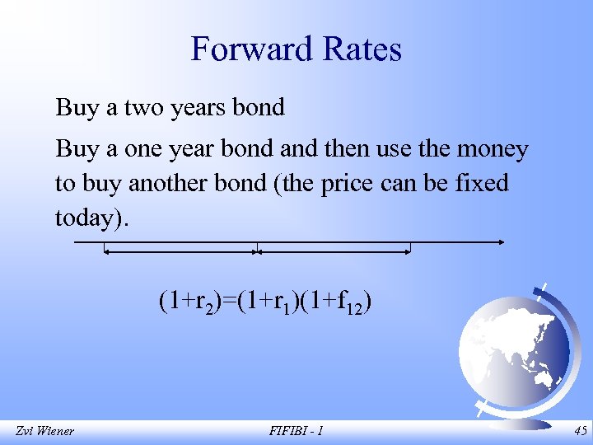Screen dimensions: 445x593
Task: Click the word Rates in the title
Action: (356, 49)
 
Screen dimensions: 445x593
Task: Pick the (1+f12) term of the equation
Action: (336, 303)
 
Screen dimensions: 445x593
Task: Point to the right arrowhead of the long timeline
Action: (502, 242)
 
